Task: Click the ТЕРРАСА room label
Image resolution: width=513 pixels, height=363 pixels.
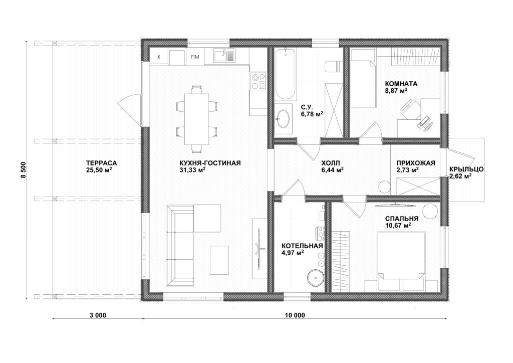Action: (101, 163)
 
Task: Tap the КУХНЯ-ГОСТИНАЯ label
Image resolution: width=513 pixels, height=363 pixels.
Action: (210, 163)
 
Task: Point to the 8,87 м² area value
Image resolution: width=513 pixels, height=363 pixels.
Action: (396, 91)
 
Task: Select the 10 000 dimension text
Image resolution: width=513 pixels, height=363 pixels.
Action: (295, 315)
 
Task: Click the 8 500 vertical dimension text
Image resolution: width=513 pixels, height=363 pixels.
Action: (23, 170)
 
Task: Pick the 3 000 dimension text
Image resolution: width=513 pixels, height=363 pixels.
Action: (98, 315)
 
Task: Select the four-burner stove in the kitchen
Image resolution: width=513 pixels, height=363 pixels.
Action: (258, 81)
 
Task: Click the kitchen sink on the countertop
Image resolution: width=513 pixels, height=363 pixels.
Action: (224, 55)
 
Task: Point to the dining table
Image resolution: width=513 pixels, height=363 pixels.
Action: (196, 119)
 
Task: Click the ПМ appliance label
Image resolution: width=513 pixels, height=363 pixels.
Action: (195, 57)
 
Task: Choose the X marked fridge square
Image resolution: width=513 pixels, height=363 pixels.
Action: (159, 57)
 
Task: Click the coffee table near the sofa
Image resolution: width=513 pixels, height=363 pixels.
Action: (219, 260)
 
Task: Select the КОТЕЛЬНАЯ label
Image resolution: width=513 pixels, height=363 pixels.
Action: (302, 246)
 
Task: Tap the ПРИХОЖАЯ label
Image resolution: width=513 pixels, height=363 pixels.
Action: (416, 163)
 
